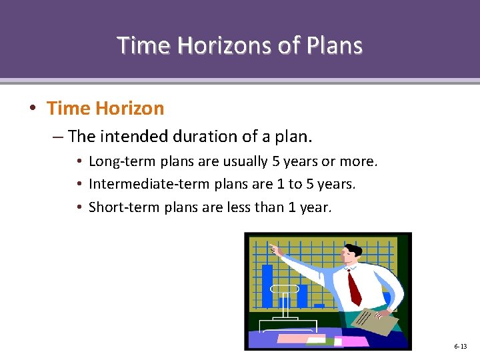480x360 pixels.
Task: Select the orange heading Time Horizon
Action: pyautogui.click(x=105, y=108)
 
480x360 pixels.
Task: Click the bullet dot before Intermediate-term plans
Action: pyautogui.click(x=79, y=184)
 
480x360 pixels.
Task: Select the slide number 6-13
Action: pyautogui.click(x=460, y=347)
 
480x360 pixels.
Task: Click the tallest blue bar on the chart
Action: pyautogui.click(x=267, y=285)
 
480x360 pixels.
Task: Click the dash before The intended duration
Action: pyautogui.click(x=57, y=137)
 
